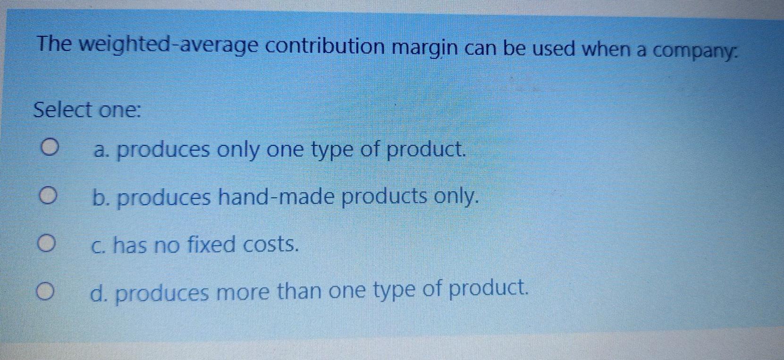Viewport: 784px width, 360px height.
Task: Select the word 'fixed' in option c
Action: (x=211, y=244)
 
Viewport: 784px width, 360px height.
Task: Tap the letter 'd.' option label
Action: (x=99, y=293)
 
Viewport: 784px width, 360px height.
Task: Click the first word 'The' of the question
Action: (x=54, y=44)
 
